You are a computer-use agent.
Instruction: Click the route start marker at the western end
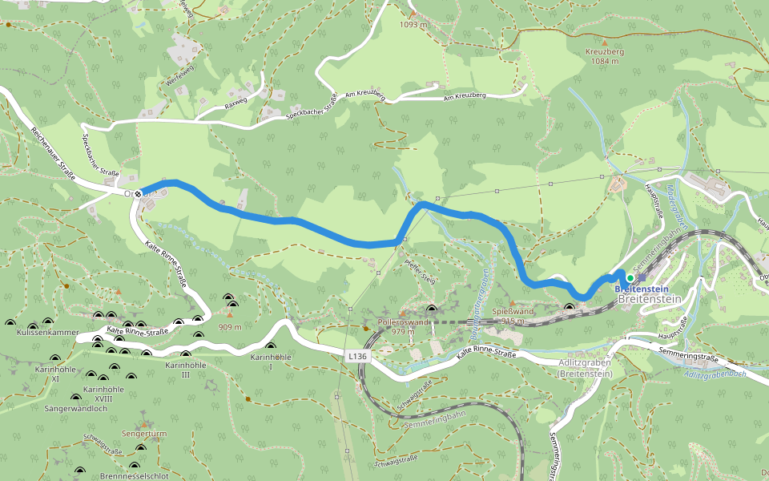tap(139, 193)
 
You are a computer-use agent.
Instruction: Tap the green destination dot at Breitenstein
tap(630, 278)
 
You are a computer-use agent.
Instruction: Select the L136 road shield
tap(356, 354)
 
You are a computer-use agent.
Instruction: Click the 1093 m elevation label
tap(413, 24)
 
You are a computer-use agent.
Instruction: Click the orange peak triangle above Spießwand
tap(512, 303)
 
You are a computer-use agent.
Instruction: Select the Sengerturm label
tap(144, 434)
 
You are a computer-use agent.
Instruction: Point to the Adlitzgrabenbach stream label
tap(716, 374)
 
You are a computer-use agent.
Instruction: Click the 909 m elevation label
tap(228, 327)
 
